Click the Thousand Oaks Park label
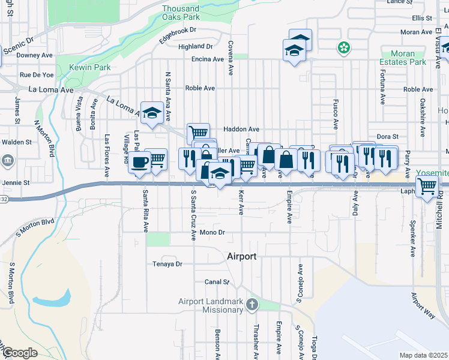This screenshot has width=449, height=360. (181, 13)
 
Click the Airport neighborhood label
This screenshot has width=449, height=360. (242, 256)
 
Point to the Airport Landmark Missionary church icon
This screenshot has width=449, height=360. (252, 304)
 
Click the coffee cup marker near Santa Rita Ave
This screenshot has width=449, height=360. (140, 162)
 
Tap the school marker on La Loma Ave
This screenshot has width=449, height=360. (152, 113)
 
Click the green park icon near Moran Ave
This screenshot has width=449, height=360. (343, 47)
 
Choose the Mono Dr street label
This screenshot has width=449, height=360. (212, 232)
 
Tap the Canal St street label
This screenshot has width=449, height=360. (217, 281)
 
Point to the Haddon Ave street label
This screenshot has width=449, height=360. (241, 129)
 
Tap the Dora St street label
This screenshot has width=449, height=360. (388, 137)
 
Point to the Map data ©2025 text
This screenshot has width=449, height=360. (423, 355)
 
